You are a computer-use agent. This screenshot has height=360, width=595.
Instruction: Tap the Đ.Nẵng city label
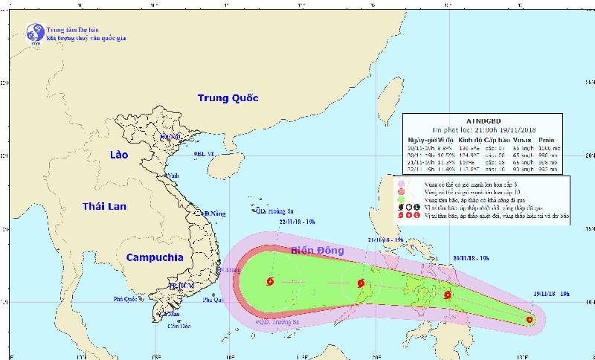point(215,214)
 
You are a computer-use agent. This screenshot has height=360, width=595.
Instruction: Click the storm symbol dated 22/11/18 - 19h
point(268,282)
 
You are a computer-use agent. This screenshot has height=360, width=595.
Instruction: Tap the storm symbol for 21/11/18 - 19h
point(361,283)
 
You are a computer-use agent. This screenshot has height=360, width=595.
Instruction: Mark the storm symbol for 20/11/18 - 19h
point(448,295)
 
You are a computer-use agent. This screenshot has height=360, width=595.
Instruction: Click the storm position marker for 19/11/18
point(530,320)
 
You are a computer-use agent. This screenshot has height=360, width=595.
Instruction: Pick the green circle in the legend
point(401,199)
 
